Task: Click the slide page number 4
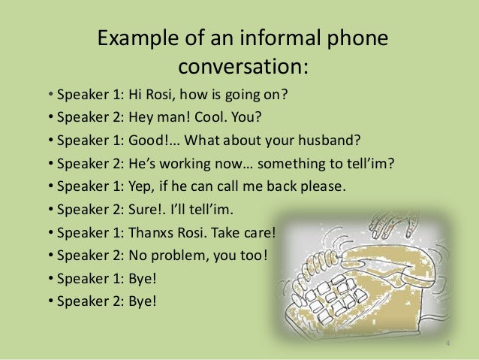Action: (447, 345)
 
